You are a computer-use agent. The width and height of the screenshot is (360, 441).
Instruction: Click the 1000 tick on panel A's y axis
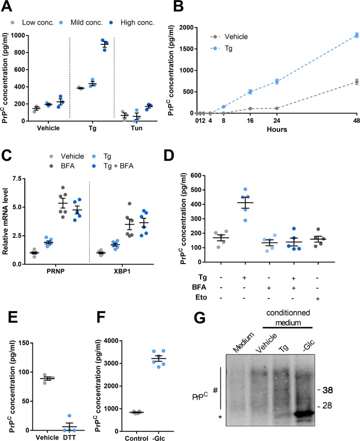click(x=20, y=35)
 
